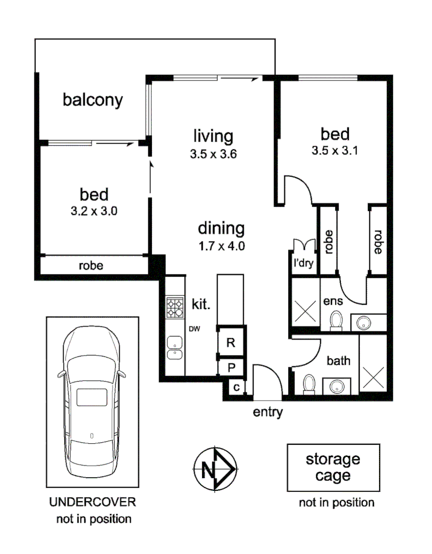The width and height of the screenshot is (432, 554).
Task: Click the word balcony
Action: click(x=93, y=100)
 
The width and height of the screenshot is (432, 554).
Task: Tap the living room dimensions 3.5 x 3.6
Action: click(x=213, y=153)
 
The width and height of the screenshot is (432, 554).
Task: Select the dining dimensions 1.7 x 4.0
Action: click(x=221, y=246)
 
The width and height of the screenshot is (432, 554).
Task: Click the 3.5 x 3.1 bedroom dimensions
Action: click(x=335, y=151)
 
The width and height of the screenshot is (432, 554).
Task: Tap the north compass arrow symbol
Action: click(x=215, y=469)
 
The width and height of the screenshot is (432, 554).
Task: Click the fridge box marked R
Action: click(x=231, y=343)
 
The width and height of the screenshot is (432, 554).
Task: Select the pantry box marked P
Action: click(x=231, y=367)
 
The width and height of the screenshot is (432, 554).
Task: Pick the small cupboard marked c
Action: click(x=237, y=387)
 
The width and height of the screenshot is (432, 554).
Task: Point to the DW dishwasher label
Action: click(x=194, y=329)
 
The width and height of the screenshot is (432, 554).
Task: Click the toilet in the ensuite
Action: click(x=336, y=320)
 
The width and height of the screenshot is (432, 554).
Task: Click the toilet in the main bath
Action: click(x=309, y=384)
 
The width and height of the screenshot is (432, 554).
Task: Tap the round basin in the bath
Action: click(x=337, y=386)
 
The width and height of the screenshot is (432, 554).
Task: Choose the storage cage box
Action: click(x=333, y=467)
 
